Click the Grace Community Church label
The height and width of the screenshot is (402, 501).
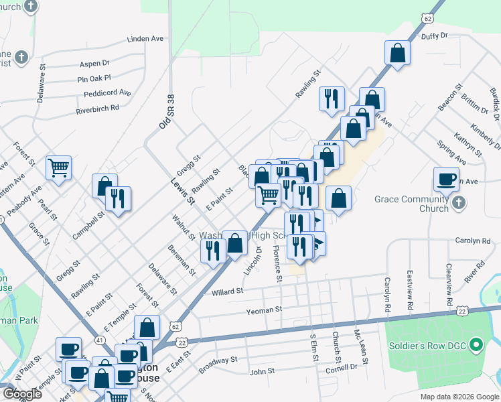(x=421, y=204)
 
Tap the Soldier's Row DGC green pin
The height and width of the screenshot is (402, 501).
(x=476, y=346)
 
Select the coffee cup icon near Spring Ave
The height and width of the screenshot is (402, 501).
(x=446, y=178)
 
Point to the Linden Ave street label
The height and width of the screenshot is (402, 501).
(x=145, y=39)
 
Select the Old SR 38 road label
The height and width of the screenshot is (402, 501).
(x=165, y=111)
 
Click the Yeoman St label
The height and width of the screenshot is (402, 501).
(x=265, y=310)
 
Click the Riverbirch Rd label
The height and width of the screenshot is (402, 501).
(x=97, y=108)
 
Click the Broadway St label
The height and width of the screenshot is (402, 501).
(x=218, y=365)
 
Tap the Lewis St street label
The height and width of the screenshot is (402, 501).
(x=181, y=192)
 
